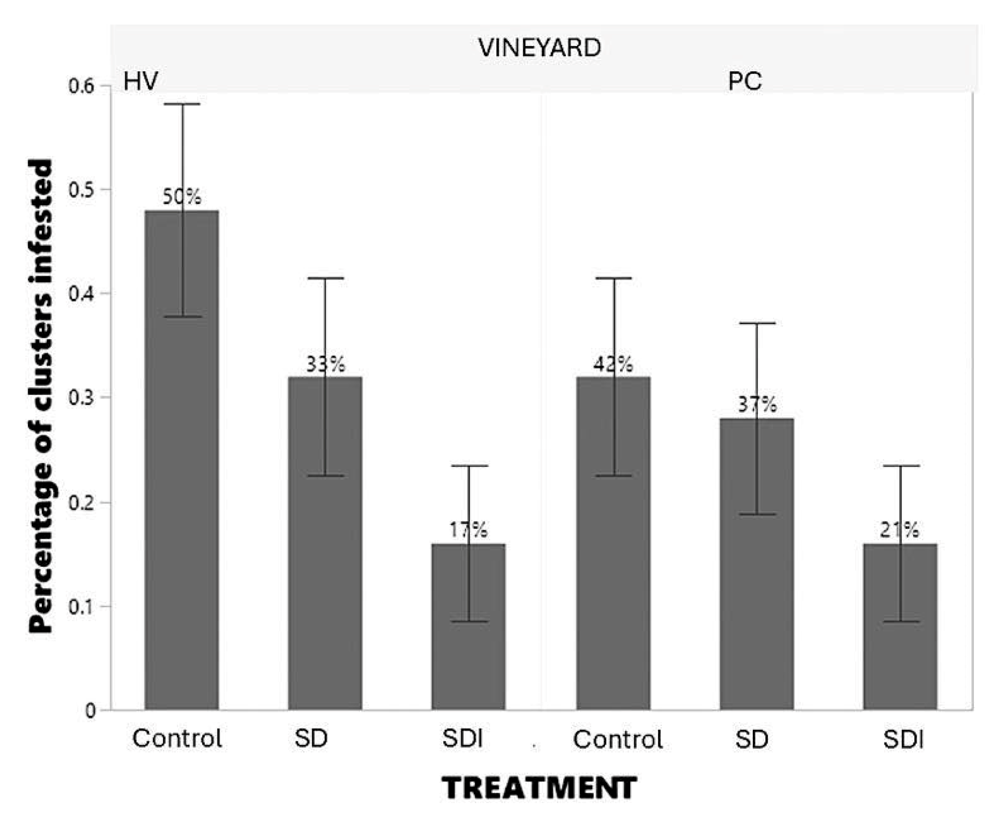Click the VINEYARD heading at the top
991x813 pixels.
[539, 48]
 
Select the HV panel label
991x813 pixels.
[140, 82]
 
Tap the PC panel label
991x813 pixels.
[744, 82]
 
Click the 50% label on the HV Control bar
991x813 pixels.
[181, 197]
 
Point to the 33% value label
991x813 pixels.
[326, 364]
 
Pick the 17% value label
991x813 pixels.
[468, 530]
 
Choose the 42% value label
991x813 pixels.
[613, 364]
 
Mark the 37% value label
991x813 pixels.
[757, 404]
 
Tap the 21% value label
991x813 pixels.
[899, 530]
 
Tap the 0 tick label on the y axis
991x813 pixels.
[90, 711]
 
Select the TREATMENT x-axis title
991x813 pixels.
[539, 788]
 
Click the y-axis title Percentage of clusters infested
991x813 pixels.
[41, 396]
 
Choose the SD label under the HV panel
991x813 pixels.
[311, 739]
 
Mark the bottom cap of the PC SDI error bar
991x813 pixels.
[901, 621]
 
